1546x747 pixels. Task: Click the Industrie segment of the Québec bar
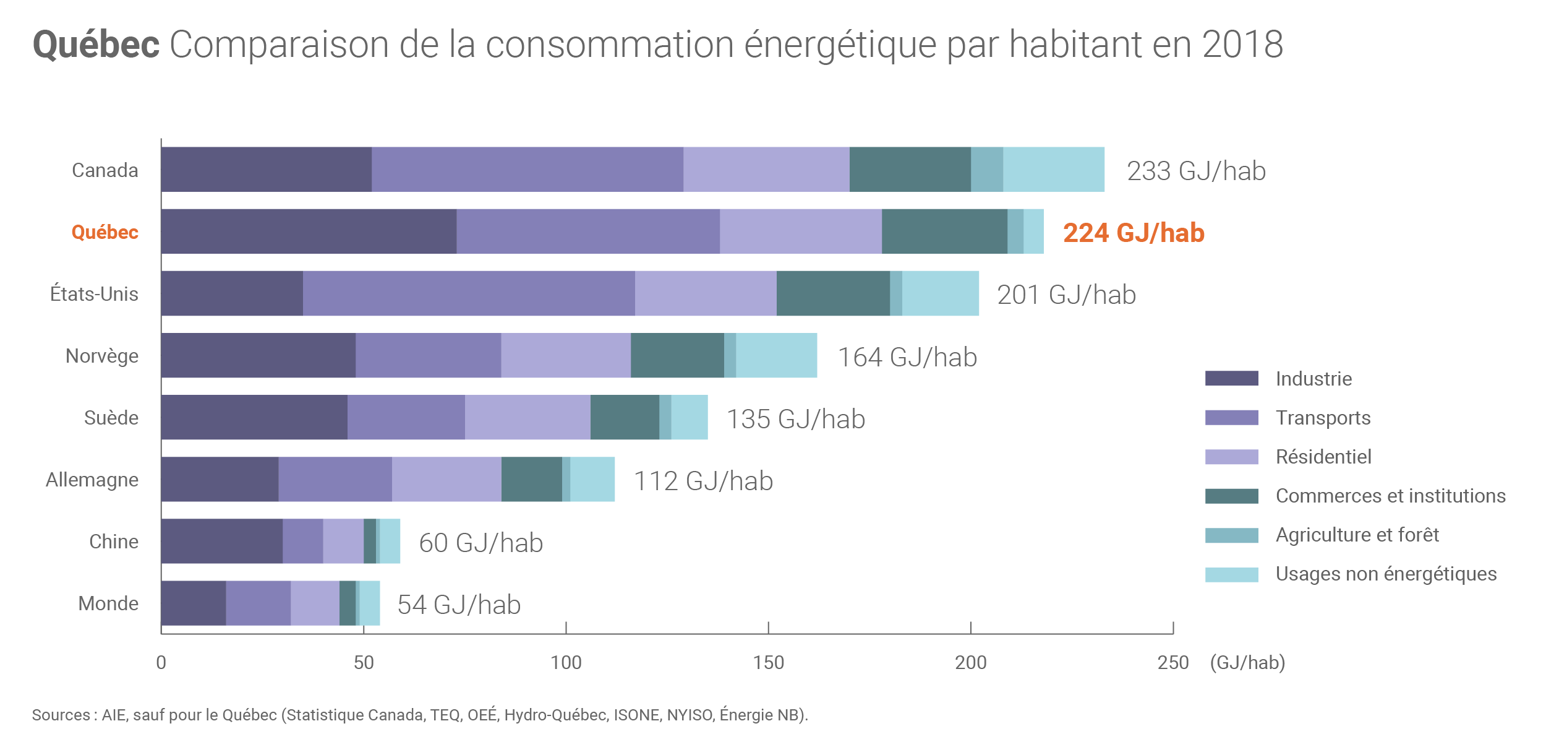(x=309, y=231)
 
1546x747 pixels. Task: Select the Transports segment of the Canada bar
(x=527, y=170)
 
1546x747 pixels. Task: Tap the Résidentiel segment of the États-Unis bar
(x=706, y=293)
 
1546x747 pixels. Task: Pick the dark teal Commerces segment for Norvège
(x=677, y=355)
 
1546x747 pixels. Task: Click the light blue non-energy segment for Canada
(x=1053, y=170)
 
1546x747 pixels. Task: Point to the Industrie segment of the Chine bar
(x=221, y=541)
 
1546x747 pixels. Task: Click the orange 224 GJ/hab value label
(x=1134, y=233)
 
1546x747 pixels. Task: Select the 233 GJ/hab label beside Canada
(x=1196, y=171)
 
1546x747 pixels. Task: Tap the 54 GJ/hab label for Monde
(x=459, y=605)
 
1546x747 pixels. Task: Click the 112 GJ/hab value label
(x=703, y=481)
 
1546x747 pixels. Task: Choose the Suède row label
(x=111, y=418)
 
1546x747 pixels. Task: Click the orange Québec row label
(x=105, y=232)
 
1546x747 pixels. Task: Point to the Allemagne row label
(x=92, y=480)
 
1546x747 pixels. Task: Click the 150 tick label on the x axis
(x=768, y=663)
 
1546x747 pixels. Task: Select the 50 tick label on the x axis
(x=364, y=663)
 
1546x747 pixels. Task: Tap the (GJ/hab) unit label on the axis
(x=1247, y=663)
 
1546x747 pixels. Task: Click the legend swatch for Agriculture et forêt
(x=1231, y=535)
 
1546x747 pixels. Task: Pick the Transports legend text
(x=1323, y=418)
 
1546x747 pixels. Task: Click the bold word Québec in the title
(x=96, y=45)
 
